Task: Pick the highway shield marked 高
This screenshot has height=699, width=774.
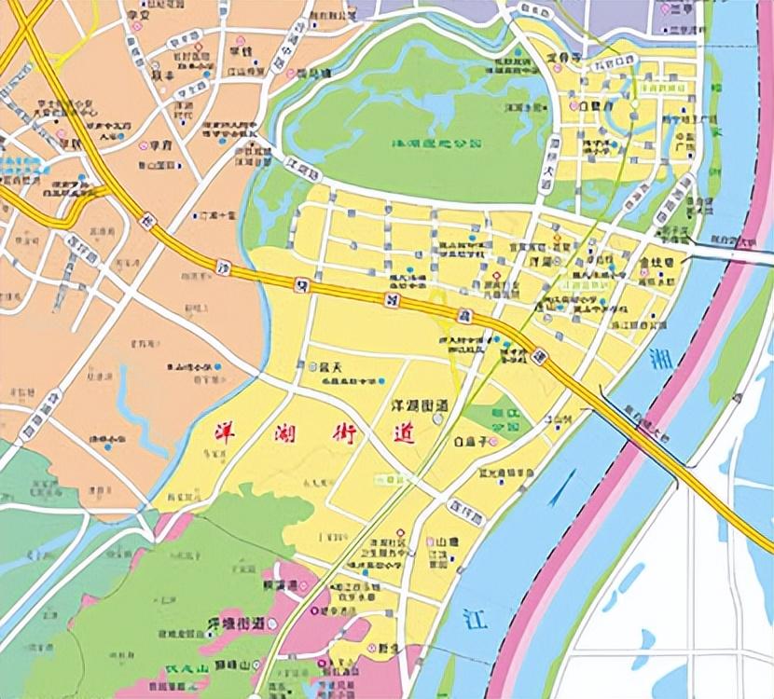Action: coord(462,318)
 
